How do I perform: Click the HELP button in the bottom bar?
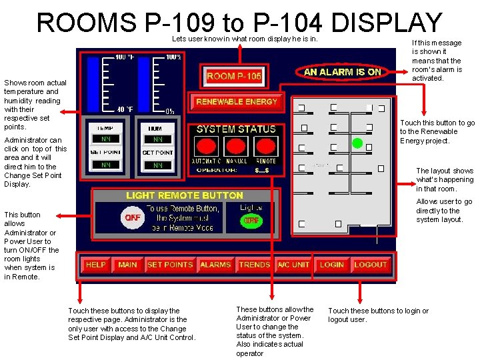point(96,265)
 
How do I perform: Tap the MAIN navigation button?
point(127,265)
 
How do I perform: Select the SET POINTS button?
point(169,265)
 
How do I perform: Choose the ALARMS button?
point(215,265)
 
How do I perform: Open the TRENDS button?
point(255,265)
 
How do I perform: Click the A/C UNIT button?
point(293,265)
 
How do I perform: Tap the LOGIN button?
point(332,265)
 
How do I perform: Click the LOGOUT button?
point(371,265)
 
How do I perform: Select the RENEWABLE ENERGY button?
point(237,101)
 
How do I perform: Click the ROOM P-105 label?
point(234,76)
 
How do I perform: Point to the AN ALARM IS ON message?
point(343,72)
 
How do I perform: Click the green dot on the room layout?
point(357,143)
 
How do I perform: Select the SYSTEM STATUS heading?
point(236,129)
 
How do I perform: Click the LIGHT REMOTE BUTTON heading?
point(185,195)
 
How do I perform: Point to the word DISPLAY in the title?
point(386,23)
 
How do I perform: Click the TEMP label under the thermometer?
point(105,128)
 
